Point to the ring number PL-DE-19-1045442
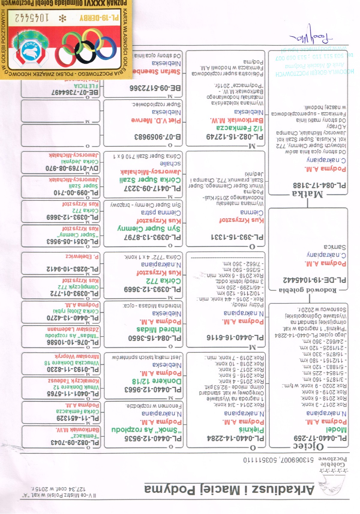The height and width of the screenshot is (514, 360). (x=314, y=280)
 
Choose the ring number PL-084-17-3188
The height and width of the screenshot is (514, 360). (x=319, y=185)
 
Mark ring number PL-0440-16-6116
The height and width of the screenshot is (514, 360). (x=235, y=337)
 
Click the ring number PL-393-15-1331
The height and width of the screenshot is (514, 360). (x=237, y=237)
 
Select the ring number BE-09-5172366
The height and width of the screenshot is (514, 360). (x=155, y=88)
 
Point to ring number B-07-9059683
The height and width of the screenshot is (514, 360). (x=157, y=137)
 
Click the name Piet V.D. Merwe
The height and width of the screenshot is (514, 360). (x=156, y=120)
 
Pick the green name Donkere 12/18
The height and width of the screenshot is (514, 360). (x=157, y=381)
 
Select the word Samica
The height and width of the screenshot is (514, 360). (x=335, y=247)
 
